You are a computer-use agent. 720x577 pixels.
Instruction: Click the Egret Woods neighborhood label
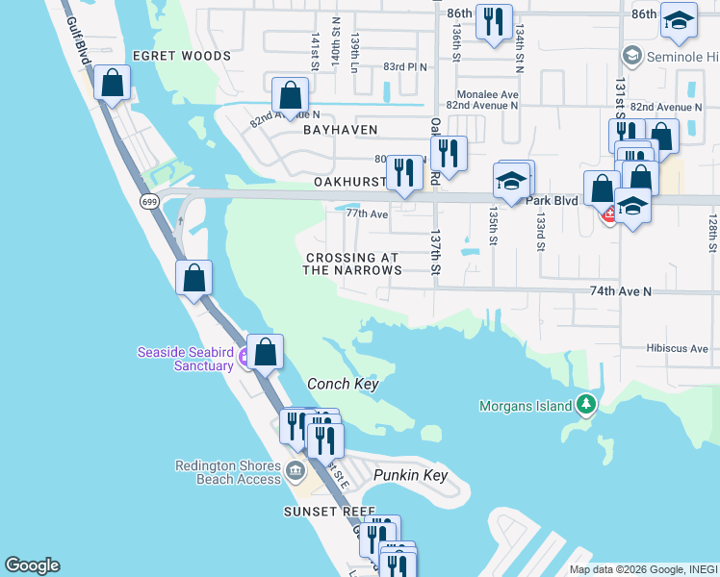(182, 56)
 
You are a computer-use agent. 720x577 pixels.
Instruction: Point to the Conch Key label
(342, 385)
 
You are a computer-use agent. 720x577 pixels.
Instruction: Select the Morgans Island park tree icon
(586, 406)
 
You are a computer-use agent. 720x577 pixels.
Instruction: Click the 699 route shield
(148, 201)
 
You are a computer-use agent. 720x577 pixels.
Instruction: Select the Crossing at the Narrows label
(352, 264)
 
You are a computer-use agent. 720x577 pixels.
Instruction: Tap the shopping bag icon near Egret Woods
(113, 85)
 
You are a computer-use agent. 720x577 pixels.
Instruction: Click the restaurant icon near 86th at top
(494, 23)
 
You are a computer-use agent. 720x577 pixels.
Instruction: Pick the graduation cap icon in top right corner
(679, 23)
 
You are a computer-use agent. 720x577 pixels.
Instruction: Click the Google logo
(32, 565)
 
